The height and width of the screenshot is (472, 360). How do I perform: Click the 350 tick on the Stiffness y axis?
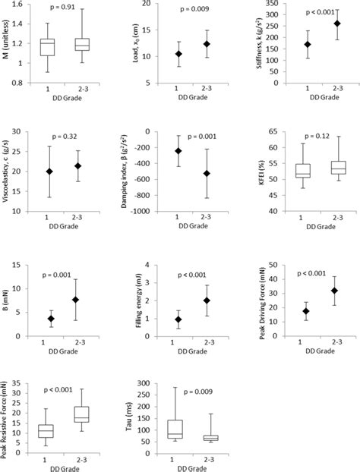click(x=269, y=4)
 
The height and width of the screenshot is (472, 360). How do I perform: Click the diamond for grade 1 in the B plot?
click(x=51, y=319)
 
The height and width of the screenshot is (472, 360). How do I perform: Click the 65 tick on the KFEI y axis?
click(x=270, y=131)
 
